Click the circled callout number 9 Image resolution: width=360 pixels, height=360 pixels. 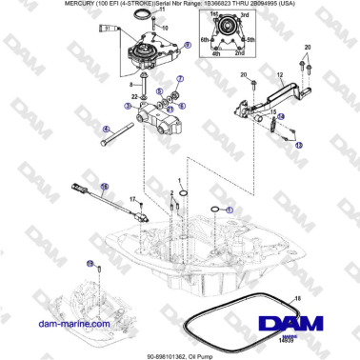(x=187, y=45)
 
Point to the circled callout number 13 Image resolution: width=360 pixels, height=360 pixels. (x=298, y=146)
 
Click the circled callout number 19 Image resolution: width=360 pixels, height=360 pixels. (x=90, y=263)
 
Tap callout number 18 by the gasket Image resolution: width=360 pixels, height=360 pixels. (x=298, y=299)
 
